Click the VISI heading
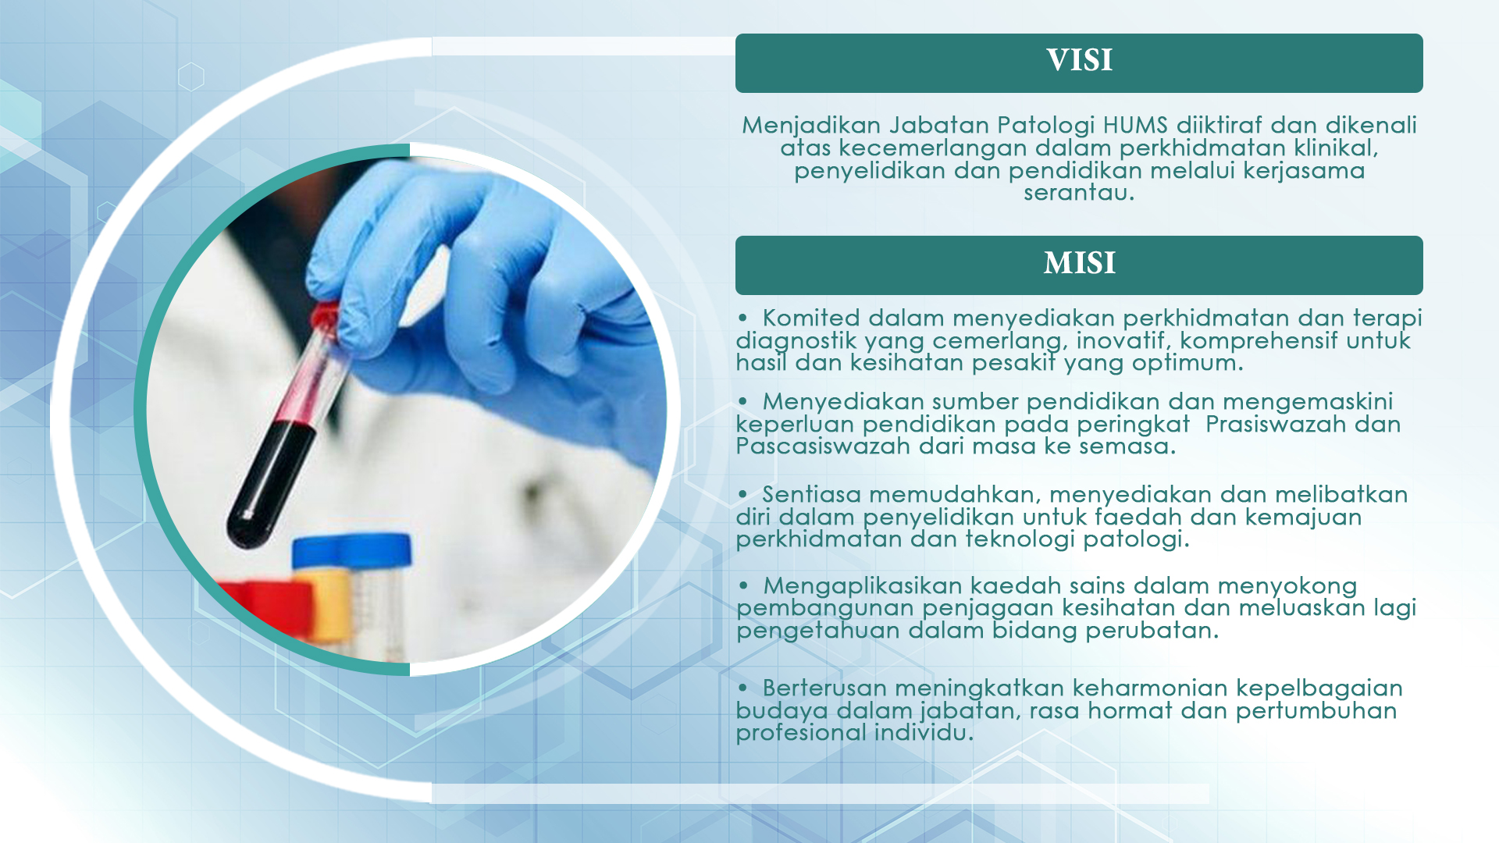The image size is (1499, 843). (x=1079, y=60)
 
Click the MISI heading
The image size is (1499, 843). (x=1079, y=263)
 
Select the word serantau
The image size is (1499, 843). (x=1079, y=192)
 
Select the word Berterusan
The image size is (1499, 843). (x=824, y=688)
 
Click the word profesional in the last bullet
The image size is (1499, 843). (x=801, y=733)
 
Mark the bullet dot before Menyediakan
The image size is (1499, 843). (x=743, y=402)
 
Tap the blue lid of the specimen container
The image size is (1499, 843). (x=351, y=550)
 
